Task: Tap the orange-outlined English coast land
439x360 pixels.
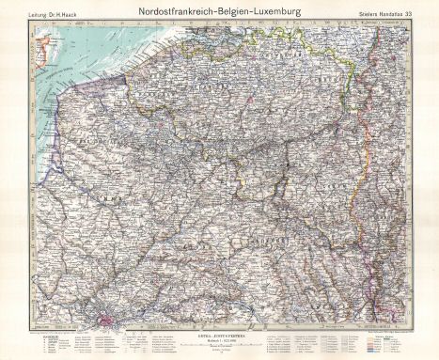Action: pyautogui.click(x=39, y=42)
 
